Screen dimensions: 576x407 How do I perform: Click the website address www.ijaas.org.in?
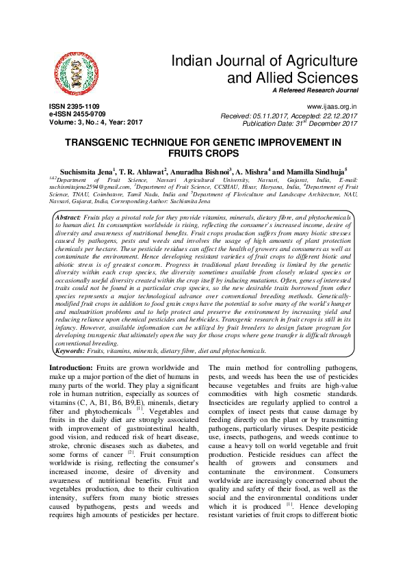[x=332, y=107]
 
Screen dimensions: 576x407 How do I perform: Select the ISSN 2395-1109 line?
[x=73, y=107]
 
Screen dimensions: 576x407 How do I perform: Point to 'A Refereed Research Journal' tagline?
[x=315, y=90]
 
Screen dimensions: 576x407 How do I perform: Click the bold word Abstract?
[x=68, y=198]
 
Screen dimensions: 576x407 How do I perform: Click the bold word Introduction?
[x=71, y=369]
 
